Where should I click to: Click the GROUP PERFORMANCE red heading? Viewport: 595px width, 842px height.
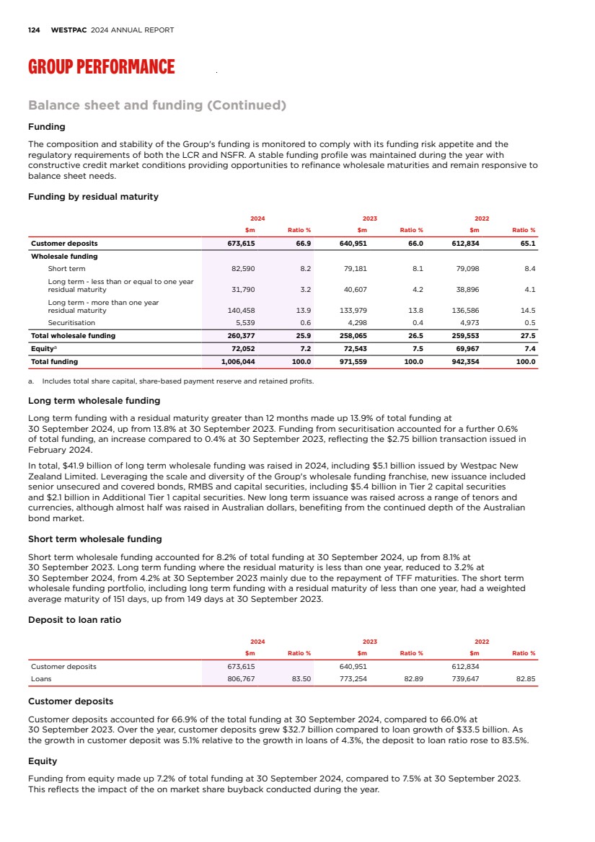pyautogui.click(x=101, y=67)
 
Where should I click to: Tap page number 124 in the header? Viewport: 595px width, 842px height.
pyautogui.click(x=33, y=30)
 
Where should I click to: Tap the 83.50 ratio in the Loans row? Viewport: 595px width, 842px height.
pyautogui.click(x=301, y=678)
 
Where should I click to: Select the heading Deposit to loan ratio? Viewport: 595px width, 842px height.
pyautogui.click(x=74, y=620)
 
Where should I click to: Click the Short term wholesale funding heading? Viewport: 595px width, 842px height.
pyautogui.click(x=94, y=539)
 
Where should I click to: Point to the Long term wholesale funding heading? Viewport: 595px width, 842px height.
pyautogui.click(x=94, y=400)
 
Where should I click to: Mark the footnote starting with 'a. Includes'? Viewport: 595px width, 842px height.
pyautogui.click(x=170, y=381)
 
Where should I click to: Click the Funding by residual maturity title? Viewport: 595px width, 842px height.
pyautogui.click(x=93, y=197)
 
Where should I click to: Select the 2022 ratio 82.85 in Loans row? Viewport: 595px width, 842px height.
pyautogui.click(x=524, y=678)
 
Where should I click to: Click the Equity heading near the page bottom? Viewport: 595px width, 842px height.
pyautogui.click(x=43, y=761)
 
